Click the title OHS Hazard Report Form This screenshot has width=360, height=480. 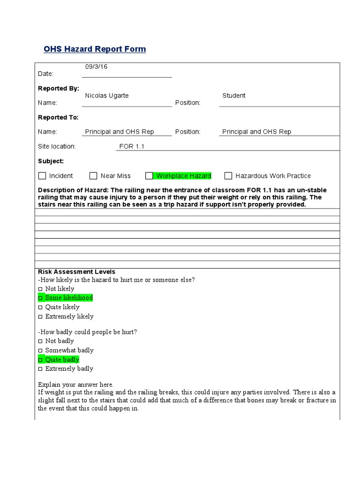pos(95,49)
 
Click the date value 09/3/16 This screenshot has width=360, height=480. pos(96,67)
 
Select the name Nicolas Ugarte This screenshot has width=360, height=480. pos(107,96)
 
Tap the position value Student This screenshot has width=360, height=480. pos(233,96)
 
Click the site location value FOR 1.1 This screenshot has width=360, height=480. pos(132,146)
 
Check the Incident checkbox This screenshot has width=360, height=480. pos(42,176)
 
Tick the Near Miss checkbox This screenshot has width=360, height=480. pos(93,176)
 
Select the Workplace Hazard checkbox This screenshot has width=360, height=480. pos(149,176)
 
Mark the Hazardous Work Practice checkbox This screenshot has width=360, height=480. pos(228,176)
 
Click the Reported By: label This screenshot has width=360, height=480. pos(59,88)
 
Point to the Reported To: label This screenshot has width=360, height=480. pos(59,117)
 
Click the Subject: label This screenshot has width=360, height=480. pos(51,161)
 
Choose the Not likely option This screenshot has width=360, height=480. pos(40,289)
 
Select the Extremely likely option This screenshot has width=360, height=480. pos(40,317)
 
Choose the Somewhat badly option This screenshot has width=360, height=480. pos(40,351)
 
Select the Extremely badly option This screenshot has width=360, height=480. pos(40,369)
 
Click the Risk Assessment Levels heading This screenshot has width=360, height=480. pos(76,272)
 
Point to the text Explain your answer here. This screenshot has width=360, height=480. pos(76,384)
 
